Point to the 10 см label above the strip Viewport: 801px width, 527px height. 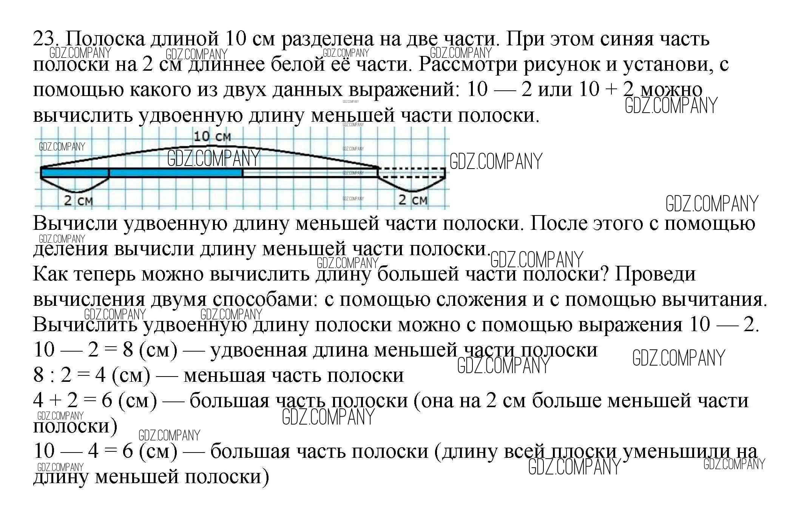pos(212,136)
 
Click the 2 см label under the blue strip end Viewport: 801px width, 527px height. pos(78,200)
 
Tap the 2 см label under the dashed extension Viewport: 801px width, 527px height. pos(413,200)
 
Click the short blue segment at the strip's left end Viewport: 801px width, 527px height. pos(75,173)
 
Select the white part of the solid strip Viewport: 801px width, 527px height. pos(310,173)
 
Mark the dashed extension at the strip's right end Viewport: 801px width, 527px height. pos(412,173)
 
